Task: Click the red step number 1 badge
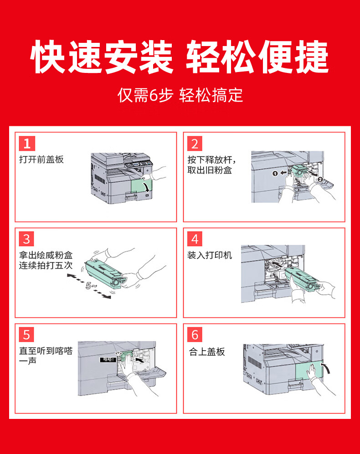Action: pyautogui.click(x=26, y=144)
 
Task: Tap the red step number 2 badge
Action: pyautogui.click(x=195, y=144)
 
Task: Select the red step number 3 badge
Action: pyautogui.click(x=26, y=239)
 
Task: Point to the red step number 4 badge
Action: pyautogui.click(x=195, y=239)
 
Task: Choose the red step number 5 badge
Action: pyautogui.click(x=26, y=335)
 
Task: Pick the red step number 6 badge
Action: pyautogui.click(x=195, y=335)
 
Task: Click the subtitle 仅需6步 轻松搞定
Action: pyautogui.click(x=180, y=95)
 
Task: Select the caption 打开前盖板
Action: pyautogui.click(x=41, y=160)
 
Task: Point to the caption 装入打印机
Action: pyautogui.click(x=210, y=255)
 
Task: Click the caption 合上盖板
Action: pyautogui.click(x=207, y=351)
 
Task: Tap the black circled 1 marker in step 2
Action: pyautogui.click(x=275, y=173)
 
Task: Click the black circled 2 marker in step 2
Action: pyautogui.click(x=320, y=180)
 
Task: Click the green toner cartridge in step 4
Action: pyautogui.click(x=303, y=279)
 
